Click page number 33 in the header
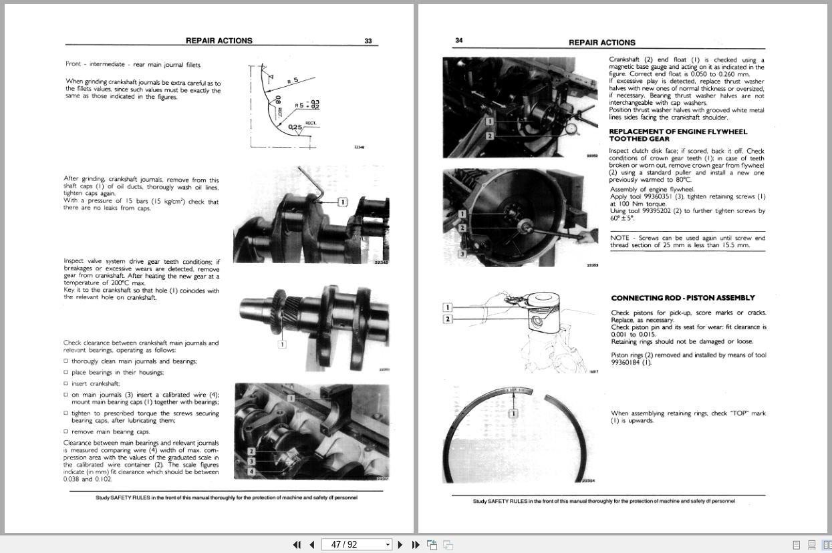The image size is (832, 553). pos(368,41)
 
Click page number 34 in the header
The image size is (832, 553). pos(459,40)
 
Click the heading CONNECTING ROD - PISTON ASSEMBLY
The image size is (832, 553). pos(683,298)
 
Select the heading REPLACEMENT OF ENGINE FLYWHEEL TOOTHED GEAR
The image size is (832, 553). pos(678,136)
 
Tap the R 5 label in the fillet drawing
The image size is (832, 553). pos(293,81)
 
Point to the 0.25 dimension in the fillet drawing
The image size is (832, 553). pos(295,127)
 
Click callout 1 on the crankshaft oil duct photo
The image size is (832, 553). pos(343,202)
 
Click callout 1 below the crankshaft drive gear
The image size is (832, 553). pos(282,345)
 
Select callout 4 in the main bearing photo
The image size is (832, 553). pos(251,472)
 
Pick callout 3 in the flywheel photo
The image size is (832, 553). pos(462,254)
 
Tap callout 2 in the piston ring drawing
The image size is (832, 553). pos(448,319)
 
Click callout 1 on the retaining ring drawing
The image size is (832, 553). pos(513,413)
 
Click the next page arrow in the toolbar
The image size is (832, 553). pos(400,545)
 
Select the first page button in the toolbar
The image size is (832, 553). pos(297,545)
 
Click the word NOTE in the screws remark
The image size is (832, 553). pos(619,238)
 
